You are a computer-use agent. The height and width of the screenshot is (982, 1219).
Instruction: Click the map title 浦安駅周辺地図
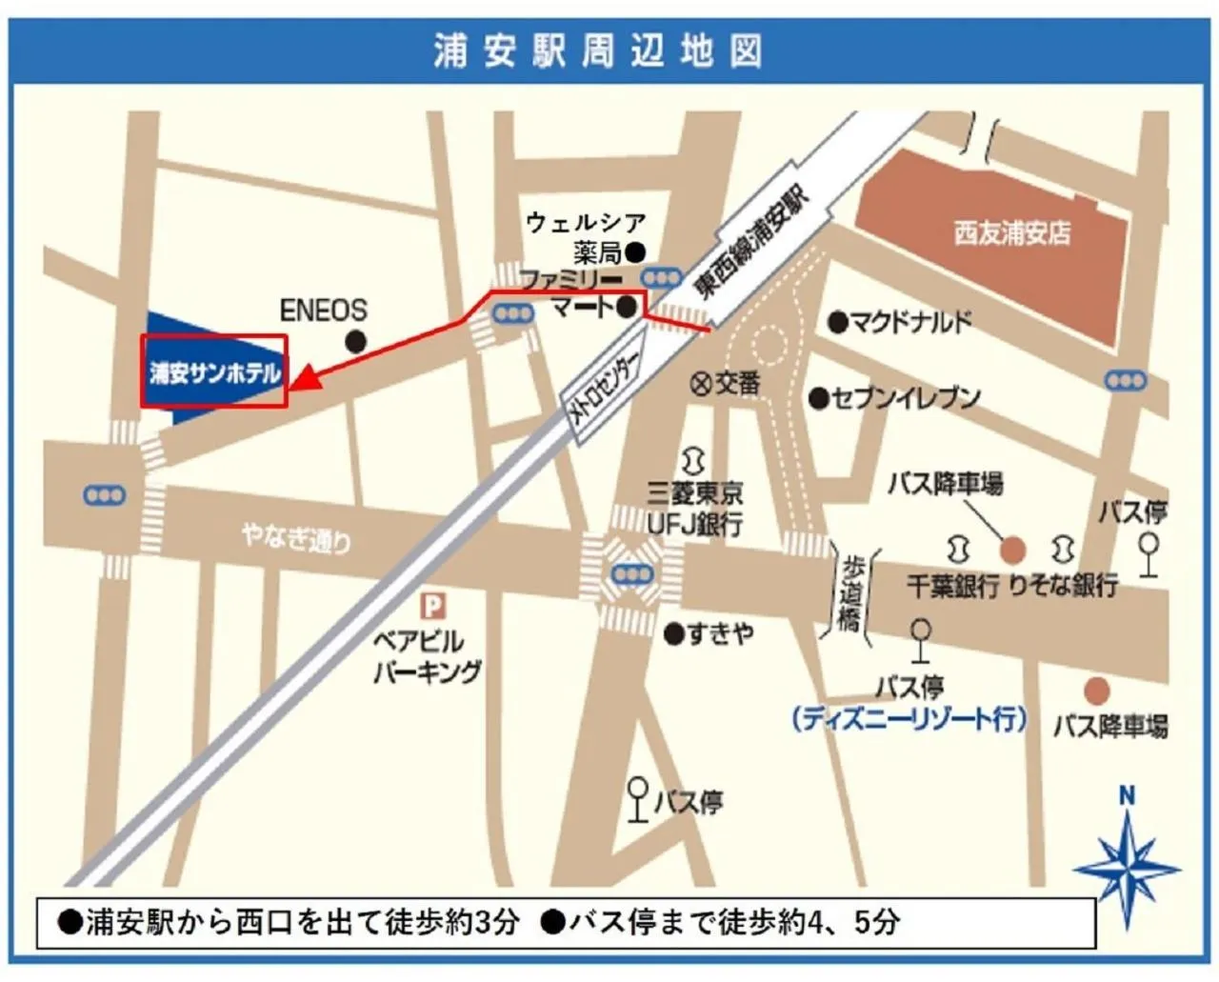598,50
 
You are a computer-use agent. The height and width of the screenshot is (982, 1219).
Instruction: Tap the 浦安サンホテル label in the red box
214,372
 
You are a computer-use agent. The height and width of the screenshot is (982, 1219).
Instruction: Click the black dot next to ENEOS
356,342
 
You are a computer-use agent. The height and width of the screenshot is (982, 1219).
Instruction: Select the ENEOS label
323,311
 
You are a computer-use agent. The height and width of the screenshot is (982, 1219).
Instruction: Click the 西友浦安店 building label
1011,232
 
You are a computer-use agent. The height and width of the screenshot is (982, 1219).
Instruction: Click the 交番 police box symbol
701,384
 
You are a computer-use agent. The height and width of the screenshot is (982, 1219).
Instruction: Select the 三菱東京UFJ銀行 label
695,508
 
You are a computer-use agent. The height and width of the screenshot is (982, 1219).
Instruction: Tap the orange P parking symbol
433,606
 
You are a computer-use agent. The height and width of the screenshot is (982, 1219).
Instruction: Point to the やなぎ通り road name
296,538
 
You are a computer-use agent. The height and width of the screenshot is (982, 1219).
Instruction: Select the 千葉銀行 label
951,585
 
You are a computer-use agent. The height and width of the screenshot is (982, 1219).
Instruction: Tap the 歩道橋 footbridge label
850,593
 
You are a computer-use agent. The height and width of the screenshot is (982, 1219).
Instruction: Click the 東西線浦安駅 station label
751,242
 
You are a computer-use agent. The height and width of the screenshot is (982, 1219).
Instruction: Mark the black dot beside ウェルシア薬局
634,252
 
